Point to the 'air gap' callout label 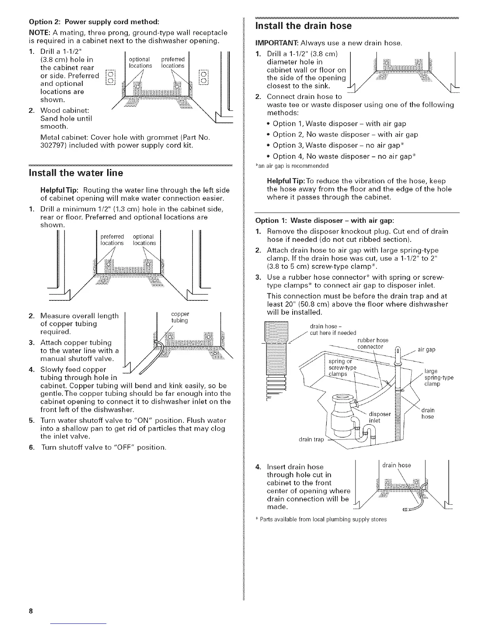click(x=426, y=350)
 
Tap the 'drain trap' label click(x=312, y=440)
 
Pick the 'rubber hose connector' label click(x=372, y=344)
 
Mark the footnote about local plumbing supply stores click(x=323, y=519)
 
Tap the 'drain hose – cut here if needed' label click(x=333, y=329)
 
